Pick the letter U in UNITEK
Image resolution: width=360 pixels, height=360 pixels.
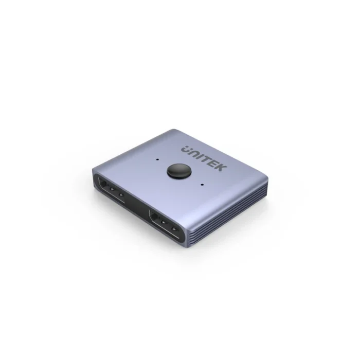coord(186,149)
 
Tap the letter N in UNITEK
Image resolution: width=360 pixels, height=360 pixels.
coord(194,152)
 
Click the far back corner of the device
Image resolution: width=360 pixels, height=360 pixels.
coord(175,130)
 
